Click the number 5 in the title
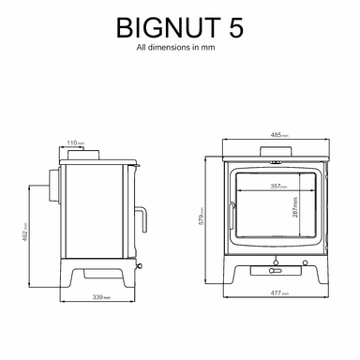(233, 29)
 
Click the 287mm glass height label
(296, 208)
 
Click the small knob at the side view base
(140, 265)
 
